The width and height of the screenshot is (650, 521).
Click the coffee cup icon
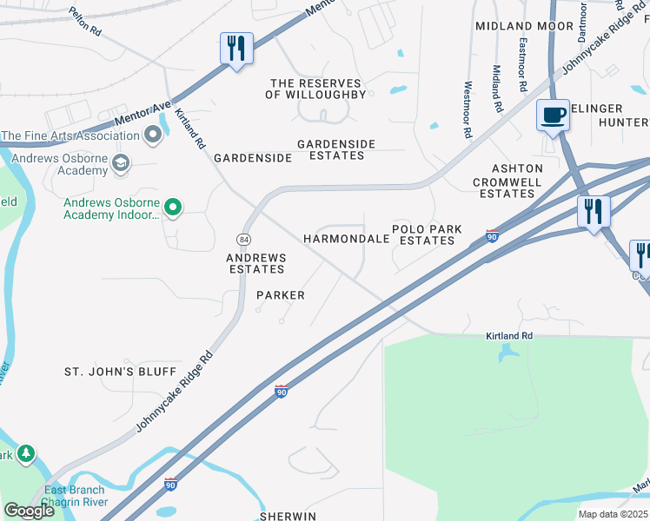[552, 115]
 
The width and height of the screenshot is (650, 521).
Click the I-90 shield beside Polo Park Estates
[492, 235]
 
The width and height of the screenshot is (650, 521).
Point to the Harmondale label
[345, 238]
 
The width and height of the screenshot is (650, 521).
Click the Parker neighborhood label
[281, 295]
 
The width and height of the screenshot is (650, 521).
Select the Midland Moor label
[513, 26]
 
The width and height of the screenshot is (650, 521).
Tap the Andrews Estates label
[255, 263]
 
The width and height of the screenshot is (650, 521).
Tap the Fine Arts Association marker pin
[154, 135]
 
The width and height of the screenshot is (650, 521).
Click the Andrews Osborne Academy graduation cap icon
[121, 162]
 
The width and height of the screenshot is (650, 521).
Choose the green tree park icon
[26, 453]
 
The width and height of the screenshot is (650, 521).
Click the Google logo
[29, 511]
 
